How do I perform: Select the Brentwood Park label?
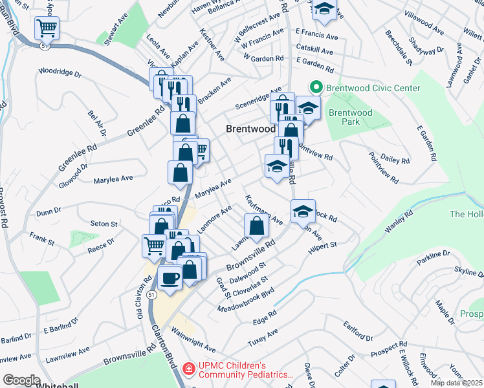point(350,117)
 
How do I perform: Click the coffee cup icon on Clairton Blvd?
point(170,278)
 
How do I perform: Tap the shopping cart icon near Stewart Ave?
point(47,28)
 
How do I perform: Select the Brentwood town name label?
point(250,129)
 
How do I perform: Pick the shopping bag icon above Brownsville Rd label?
point(257,226)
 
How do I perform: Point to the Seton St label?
point(104,224)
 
